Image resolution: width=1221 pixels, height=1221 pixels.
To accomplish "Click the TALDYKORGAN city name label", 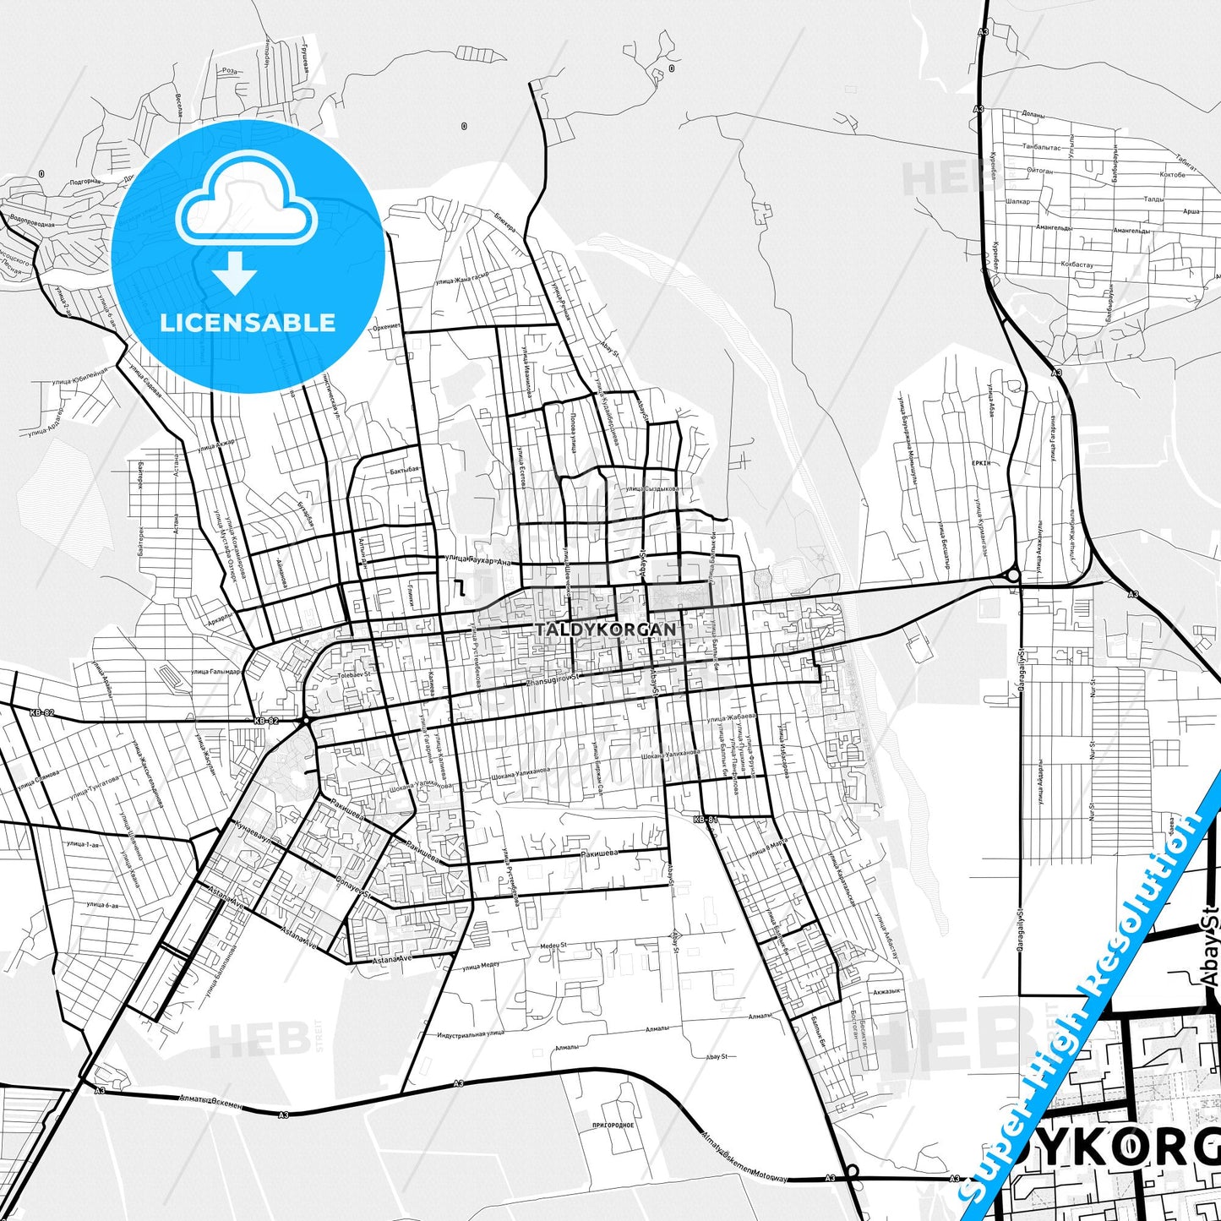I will pyautogui.click(x=606, y=630).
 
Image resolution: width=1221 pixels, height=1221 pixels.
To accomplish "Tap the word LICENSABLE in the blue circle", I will pyautogui.click(x=248, y=323).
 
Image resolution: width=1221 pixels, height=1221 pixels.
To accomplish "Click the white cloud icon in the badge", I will pyautogui.click(x=247, y=200).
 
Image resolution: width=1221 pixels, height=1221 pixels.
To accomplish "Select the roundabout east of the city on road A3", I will pyautogui.click(x=1013, y=575).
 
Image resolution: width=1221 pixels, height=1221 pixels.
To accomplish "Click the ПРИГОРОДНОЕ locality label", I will pyautogui.click(x=613, y=1126).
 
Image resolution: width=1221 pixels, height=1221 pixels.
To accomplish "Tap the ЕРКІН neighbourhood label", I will pyautogui.click(x=981, y=464).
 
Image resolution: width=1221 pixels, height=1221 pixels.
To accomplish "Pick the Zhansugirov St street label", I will pyautogui.click(x=553, y=681).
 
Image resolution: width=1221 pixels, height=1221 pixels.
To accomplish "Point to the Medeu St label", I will pyautogui.click(x=553, y=946).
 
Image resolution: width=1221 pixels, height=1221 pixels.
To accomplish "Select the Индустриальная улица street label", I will pyautogui.click(x=471, y=1033).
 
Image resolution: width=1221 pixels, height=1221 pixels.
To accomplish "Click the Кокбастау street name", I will pyautogui.click(x=1076, y=264).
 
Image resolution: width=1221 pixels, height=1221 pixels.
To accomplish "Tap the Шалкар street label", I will pyautogui.click(x=1019, y=201).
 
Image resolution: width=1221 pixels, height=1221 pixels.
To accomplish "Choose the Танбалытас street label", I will pyautogui.click(x=1041, y=146).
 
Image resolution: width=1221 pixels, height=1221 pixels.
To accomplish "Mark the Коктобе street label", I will pyautogui.click(x=1172, y=175).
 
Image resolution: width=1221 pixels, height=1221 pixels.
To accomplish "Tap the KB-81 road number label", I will pyautogui.click(x=705, y=820).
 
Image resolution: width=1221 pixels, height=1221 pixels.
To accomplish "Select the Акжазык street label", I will pyautogui.click(x=887, y=991).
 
